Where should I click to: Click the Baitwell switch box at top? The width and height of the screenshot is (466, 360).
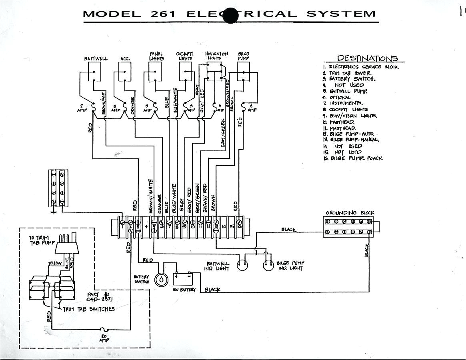coord(94,72)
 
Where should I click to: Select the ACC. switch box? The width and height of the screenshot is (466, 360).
coord(122,72)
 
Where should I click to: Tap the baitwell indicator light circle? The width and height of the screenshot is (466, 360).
coord(242,265)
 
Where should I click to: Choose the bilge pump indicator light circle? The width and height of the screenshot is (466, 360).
coord(268,265)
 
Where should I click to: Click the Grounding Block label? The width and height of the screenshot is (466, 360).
coord(350,213)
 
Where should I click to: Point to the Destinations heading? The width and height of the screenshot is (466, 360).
coord(367,58)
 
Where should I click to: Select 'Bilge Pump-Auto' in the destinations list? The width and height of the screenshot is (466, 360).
coord(352,134)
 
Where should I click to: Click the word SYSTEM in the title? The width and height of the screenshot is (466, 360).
coord(341,14)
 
